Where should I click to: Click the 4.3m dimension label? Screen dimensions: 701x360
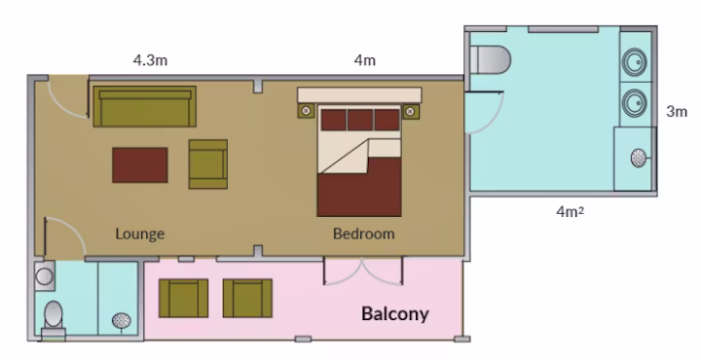click(150, 60)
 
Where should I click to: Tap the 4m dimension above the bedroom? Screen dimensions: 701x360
click(365, 60)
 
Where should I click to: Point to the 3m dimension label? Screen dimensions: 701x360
click(677, 111)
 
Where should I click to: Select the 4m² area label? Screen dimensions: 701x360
click(570, 211)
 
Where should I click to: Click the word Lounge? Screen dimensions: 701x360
click(140, 234)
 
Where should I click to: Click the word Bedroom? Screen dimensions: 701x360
click(364, 234)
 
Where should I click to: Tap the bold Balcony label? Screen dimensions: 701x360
click(395, 314)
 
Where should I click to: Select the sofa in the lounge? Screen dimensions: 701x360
click(144, 107)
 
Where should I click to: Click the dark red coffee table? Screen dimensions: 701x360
click(140, 165)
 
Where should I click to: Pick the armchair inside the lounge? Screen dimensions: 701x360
click(208, 163)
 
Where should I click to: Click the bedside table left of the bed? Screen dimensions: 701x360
click(306, 110)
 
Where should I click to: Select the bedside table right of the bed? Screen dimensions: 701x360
click(411, 111)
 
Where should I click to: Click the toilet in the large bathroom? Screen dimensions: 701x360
click(491, 59)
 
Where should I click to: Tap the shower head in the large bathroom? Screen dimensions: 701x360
click(639, 159)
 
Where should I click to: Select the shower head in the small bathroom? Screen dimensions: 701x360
click(121, 321)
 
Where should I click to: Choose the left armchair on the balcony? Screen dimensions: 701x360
click(183, 298)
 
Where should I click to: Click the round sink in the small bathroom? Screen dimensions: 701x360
click(45, 276)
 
